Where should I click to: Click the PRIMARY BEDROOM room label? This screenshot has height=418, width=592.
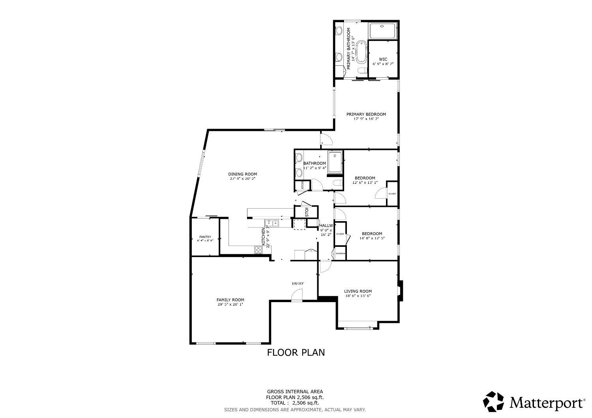(x=366, y=114)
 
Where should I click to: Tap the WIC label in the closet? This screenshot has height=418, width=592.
(x=383, y=60)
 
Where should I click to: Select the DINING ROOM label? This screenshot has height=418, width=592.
(x=242, y=174)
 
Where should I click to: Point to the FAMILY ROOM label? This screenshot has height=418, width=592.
(x=230, y=300)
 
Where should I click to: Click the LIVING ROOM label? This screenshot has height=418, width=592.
(x=358, y=291)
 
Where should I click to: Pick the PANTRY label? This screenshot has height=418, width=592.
(x=205, y=237)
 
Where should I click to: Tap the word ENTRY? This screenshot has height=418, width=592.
(x=298, y=284)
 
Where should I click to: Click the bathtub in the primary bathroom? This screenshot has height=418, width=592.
(x=361, y=51)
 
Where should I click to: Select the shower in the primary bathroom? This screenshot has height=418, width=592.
(x=382, y=31)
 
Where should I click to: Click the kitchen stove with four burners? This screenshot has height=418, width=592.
(x=258, y=250)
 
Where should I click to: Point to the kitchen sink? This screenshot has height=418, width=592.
(x=272, y=223)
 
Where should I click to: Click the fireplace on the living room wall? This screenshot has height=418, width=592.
(x=400, y=291)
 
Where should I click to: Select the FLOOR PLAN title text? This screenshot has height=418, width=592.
(x=296, y=352)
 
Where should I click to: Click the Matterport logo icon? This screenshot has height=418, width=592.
(x=493, y=402)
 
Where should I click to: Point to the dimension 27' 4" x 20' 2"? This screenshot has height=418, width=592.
(x=242, y=179)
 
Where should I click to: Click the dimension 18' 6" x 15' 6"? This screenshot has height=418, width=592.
(x=358, y=296)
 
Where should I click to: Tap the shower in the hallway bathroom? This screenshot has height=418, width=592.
(x=335, y=162)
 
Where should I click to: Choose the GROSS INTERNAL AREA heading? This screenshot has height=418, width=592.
(x=295, y=392)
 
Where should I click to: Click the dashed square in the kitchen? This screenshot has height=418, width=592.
(x=299, y=224)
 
